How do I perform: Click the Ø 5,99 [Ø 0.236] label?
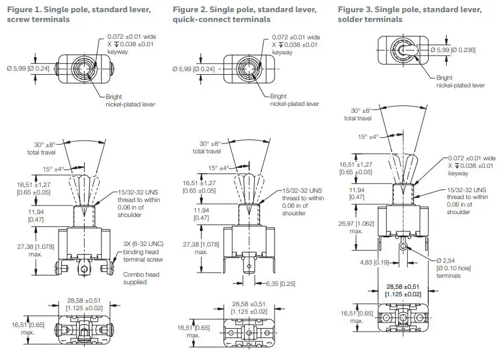(x=452, y=50)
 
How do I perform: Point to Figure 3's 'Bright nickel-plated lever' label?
(x=460, y=82)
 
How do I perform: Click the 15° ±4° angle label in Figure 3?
(x=367, y=137)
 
